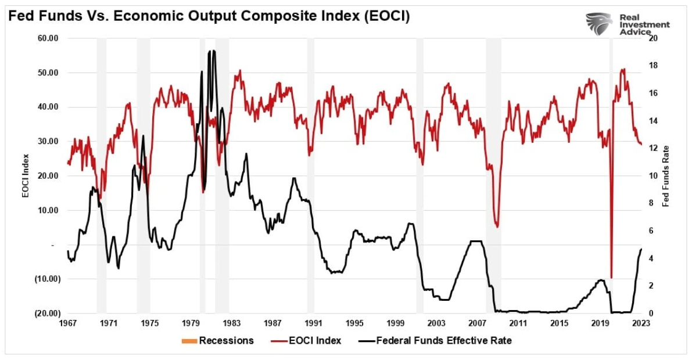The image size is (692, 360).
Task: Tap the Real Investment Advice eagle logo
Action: click(599, 24)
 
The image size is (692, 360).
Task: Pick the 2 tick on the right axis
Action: click(654, 286)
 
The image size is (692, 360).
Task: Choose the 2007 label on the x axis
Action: click(478, 323)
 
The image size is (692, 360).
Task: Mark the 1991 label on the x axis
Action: click(314, 323)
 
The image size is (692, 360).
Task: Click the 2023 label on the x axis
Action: click(641, 323)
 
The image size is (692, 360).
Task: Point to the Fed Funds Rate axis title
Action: click(666, 176)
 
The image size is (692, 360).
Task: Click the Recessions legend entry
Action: click(218, 340)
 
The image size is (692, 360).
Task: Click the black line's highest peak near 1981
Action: click(213, 51)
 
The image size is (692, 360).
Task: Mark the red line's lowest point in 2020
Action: click(611, 278)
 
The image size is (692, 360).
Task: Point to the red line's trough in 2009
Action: click(497, 226)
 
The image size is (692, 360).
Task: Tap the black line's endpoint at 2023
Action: click(641, 249)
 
